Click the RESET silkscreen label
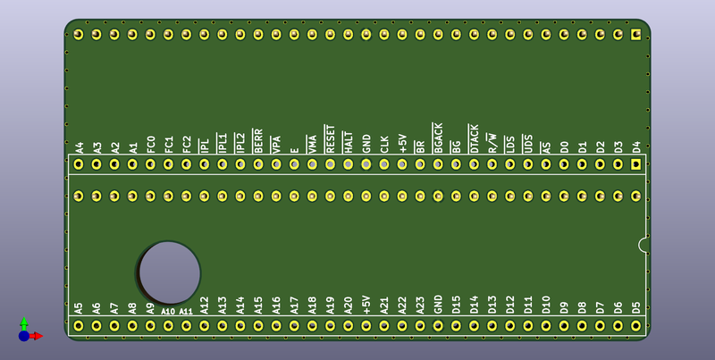(x=330, y=138)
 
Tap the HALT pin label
(x=349, y=142)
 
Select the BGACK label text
(x=438, y=138)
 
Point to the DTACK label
(x=474, y=138)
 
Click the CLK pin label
(x=384, y=145)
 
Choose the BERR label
(x=258, y=141)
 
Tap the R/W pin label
(x=492, y=143)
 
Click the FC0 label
(x=151, y=145)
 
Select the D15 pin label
(x=456, y=306)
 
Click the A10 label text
(x=168, y=312)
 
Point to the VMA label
(x=312, y=144)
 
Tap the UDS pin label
(x=528, y=144)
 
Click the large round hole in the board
(x=169, y=273)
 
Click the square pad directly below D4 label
(x=635, y=164)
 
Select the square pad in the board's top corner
(x=635, y=34)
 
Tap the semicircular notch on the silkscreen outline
(x=640, y=245)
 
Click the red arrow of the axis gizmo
(x=37, y=336)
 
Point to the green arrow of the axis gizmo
(x=24, y=323)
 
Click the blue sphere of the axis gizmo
(x=24, y=336)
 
